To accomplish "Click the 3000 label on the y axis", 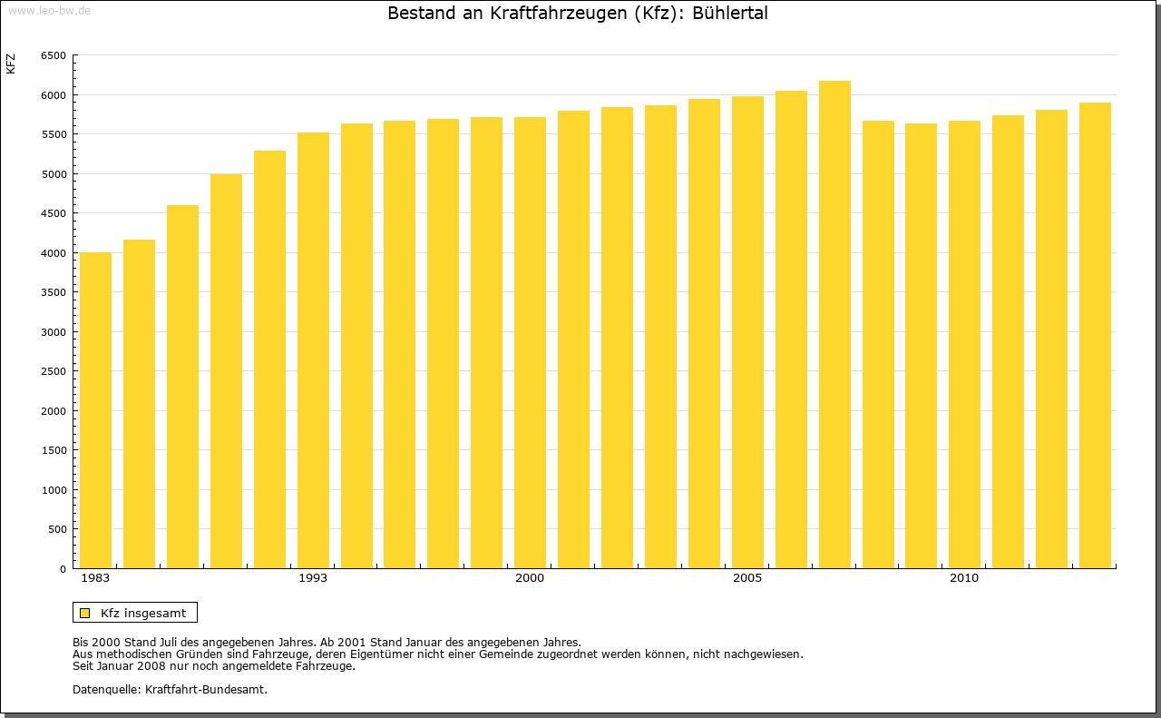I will click(54, 332).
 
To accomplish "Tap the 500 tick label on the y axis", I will click(56, 529).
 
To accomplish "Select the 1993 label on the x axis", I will click(313, 578).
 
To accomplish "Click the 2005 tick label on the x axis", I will click(747, 578).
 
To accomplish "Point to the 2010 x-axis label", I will click(964, 578).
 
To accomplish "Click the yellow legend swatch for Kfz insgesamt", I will click(84, 613).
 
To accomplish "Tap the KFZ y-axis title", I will click(11, 64).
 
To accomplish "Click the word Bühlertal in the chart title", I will click(730, 14).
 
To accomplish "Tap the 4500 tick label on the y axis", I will click(54, 213).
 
